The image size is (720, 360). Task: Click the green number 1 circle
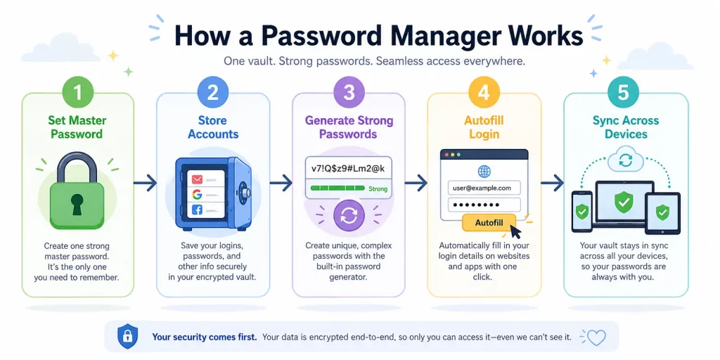pos(77,92)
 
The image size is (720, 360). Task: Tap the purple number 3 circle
pos(349,92)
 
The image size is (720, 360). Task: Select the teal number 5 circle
pos(623,92)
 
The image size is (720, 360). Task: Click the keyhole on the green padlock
pos(77,204)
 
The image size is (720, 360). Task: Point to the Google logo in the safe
pos(197,194)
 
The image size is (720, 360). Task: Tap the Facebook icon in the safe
pos(197,210)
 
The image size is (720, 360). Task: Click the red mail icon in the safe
pos(197,178)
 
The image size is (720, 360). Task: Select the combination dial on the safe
pos(244,192)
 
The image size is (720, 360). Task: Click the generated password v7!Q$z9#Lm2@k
pos(349,169)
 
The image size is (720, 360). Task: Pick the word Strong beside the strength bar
pos(378,188)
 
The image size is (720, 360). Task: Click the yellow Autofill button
pos(489,223)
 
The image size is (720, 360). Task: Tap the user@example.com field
pos(484,188)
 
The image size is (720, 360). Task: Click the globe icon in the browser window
pos(484,172)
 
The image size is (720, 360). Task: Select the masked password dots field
pos(484,205)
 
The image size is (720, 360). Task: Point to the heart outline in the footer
pos(596,337)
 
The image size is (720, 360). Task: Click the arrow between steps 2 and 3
pos(281,184)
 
